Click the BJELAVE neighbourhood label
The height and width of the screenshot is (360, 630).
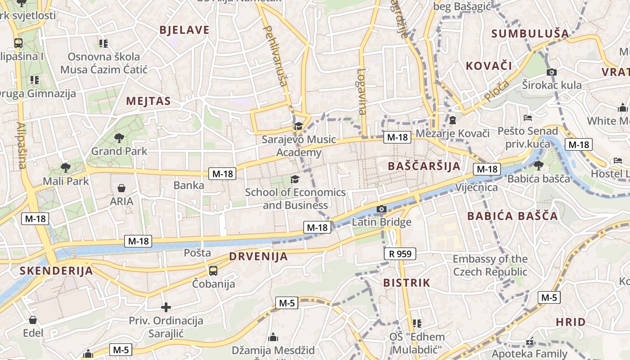pyautogui.click(x=184, y=30)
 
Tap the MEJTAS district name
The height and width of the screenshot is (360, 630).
pyautogui.click(x=148, y=101)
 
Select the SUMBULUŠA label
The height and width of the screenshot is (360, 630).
pyautogui.click(x=530, y=33)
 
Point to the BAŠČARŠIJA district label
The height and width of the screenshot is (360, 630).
pyautogui.click(x=424, y=166)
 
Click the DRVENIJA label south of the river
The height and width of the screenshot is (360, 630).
pyautogui.click(x=258, y=256)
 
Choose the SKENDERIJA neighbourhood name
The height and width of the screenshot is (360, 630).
pyautogui.click(x=56, y=270)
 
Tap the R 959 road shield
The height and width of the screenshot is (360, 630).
pyautogui.click(x=400, y=254)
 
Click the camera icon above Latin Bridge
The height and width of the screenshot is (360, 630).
pyautogui.click(x=381, y=209)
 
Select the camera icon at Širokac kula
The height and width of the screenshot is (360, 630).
pyautogui.click(x=551, y=72)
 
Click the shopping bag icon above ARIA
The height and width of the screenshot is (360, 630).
pyautogui.click(x=121, y=188)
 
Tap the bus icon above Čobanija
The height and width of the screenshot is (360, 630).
pyautogui.click(x=213, y=270)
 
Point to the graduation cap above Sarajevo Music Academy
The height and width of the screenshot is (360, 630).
pyautogui.click(x=298, y=126)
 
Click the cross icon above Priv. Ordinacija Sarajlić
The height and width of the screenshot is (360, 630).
pyautogui.click(x=166, y=308)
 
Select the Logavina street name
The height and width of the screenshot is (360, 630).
pyautogui.click(x=362, y=91)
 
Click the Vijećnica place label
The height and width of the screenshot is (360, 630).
pyautogui.click(x=477, y=187)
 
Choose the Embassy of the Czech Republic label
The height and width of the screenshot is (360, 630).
pyautogui.click(x=490, y=265)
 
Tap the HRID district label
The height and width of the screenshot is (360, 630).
pyautogui.click(x=571, y=322)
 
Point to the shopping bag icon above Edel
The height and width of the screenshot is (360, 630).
pyautogui.click(x=33, y=320)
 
